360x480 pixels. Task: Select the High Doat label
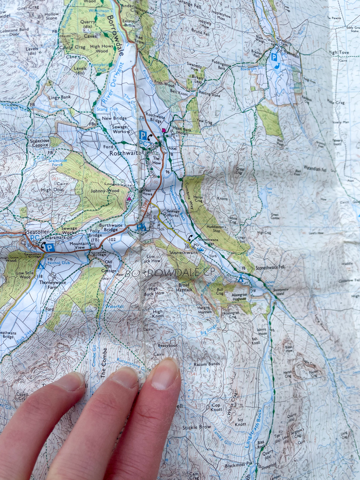[52, 190]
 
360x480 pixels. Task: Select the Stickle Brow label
[197, 427]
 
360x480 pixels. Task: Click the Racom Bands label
[206, 364]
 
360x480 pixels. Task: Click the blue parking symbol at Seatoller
[49, 248]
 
